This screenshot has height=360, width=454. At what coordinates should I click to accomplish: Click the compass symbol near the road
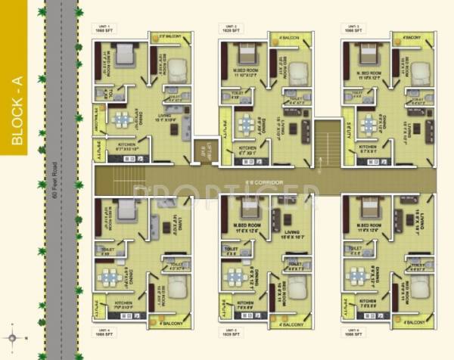(13, 338)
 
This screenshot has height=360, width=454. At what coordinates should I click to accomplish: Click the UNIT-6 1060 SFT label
(353, 334)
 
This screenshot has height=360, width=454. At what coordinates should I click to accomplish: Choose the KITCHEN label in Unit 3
(368, 147)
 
